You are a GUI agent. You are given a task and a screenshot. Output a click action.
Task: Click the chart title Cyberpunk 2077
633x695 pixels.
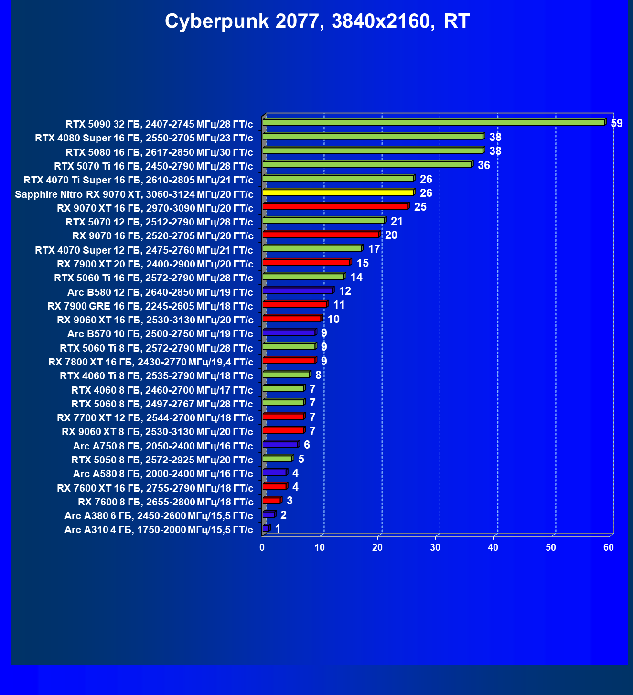317,22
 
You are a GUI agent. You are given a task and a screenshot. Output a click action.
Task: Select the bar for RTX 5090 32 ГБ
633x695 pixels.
434,123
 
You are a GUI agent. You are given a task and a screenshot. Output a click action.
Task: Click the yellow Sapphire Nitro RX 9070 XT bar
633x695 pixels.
338,192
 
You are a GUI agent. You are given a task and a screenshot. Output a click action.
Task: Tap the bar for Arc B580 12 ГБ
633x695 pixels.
298,290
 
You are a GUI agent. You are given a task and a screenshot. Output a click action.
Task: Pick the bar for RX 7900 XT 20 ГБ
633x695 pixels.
306,263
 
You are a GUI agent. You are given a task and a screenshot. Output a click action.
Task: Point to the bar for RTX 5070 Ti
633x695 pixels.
367,165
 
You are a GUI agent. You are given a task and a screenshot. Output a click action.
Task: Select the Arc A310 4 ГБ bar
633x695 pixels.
266,528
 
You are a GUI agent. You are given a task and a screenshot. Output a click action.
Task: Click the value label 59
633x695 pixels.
617,123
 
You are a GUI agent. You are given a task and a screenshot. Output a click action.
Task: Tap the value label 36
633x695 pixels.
484,165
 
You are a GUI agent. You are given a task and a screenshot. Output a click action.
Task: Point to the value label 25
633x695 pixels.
420,207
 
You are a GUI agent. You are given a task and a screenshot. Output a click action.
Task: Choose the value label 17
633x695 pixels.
374,249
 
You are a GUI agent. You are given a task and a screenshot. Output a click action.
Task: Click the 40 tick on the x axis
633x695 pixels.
493,547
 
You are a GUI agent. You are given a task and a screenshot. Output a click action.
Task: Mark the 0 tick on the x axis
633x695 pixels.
262,547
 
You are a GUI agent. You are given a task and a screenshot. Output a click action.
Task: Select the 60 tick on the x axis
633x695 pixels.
609,547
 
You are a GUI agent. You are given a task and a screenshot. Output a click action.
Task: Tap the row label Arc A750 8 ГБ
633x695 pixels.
163,446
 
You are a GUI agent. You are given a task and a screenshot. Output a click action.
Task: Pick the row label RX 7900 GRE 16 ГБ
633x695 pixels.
150,306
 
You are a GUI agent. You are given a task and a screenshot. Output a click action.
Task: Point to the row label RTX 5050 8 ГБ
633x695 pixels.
162,460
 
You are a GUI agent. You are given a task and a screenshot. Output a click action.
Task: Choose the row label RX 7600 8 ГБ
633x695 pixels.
166,502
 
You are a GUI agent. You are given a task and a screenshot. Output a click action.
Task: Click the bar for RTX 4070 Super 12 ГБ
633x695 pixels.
312,248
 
